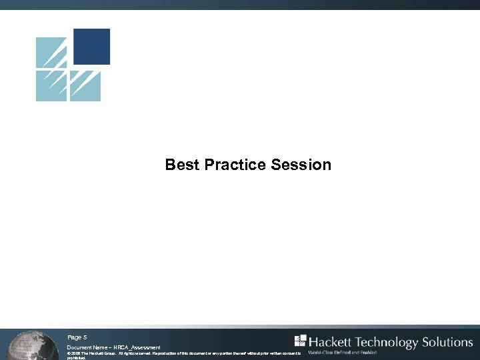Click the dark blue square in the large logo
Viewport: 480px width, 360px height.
91,47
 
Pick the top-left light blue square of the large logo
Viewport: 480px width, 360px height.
51,53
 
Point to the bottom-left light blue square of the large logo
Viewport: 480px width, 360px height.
51,86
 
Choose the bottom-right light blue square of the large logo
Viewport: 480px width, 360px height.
85,86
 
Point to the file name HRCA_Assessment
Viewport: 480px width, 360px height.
137,347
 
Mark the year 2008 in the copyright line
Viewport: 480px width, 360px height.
78,353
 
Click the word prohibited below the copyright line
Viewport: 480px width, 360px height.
77,358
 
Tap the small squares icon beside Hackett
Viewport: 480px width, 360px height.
300,340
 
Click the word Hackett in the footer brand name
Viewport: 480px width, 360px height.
329,342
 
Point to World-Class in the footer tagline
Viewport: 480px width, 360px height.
322,353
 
